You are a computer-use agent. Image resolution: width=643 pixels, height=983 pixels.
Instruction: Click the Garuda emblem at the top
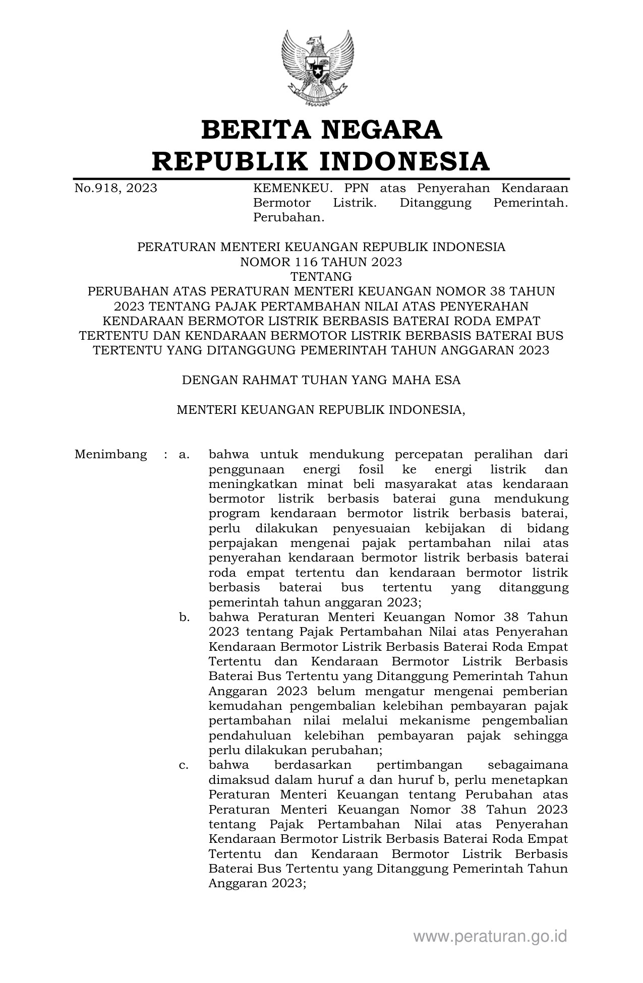tap(317, 68)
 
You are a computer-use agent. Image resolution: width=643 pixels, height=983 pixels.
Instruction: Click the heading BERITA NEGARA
tap(321, 130)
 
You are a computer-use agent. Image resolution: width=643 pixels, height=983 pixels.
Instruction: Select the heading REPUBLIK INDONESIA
tap(321, 161)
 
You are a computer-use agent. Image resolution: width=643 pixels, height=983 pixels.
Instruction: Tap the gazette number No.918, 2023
tap(115, 189)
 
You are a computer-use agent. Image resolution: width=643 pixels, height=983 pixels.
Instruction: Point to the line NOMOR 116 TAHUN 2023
tap(321, 262)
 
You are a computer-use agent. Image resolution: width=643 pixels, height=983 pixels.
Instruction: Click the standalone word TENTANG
tap(321, 277)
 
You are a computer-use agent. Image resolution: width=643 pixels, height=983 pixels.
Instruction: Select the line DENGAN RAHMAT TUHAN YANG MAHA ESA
tap(321, 380)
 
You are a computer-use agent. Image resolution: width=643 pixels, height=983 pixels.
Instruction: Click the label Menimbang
tap(110, 455)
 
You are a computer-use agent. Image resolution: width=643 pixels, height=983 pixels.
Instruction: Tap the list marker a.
tap(184, 455)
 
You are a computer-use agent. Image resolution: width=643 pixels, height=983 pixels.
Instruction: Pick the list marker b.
tap(184, 618)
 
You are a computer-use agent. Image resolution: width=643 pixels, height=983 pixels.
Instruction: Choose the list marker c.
tap(184, 765)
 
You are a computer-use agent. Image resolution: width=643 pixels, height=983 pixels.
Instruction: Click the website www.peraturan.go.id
tap(490, 936)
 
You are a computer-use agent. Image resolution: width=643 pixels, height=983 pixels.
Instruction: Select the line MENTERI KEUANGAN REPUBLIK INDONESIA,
tap(321, 410)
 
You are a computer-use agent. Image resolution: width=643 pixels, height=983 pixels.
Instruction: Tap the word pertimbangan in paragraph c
tap(419, 765)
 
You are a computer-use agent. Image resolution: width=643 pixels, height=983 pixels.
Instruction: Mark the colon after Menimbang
tap(165, 455)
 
